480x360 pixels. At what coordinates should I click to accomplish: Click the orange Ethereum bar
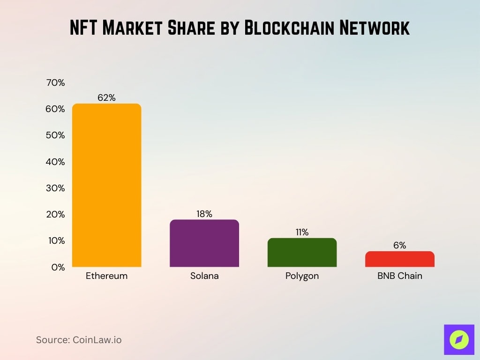[x=106, y=185]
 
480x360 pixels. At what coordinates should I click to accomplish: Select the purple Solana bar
[x=204, y=243]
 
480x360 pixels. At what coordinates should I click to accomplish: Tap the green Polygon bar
[x=302, y=253]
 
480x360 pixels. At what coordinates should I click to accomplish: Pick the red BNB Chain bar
[x=399, y=259]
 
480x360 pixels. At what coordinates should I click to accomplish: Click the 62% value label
[x=106, y=98]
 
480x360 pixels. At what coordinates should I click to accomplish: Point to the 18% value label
[x=204, y=214]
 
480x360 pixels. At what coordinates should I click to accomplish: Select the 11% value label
[x=302, y=232]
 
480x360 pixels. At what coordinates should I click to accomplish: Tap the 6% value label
[x=399, y=245]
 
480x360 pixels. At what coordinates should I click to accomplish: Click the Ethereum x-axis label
[x=106, y=276]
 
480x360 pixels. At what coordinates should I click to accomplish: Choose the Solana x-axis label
[x=204, y=276]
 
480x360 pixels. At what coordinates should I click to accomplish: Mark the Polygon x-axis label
[x=302, y=276]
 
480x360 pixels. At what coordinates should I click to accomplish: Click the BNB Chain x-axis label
[x=399, y=276]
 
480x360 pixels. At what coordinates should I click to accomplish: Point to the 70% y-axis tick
[x=55, y=83]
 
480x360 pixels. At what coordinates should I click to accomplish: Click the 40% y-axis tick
[x=55, y=162]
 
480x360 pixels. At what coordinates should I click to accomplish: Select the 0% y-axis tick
[x=58, y=268]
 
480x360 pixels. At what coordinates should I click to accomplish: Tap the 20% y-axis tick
[x=55, y=215]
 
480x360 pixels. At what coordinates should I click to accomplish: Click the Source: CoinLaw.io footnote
[x=79, y=340]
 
